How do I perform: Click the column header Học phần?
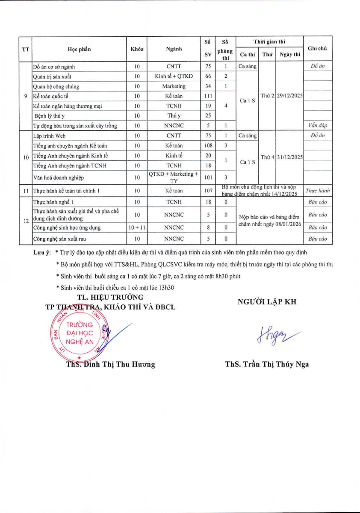point(79,49)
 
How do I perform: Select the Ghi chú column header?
point(317,48)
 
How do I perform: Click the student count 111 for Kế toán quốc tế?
point(208,96)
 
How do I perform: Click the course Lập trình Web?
point(50,136)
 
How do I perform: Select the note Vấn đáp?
point(317,126)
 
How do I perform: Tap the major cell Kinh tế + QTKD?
point(174,77)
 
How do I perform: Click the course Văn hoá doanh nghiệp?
point(59,177)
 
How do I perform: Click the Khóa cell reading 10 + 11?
point(137,228)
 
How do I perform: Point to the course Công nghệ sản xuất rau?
point(60,239)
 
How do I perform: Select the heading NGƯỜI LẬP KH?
point(267,302)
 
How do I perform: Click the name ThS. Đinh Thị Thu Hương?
point(110,365)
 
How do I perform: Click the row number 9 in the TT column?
point(26,96)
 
